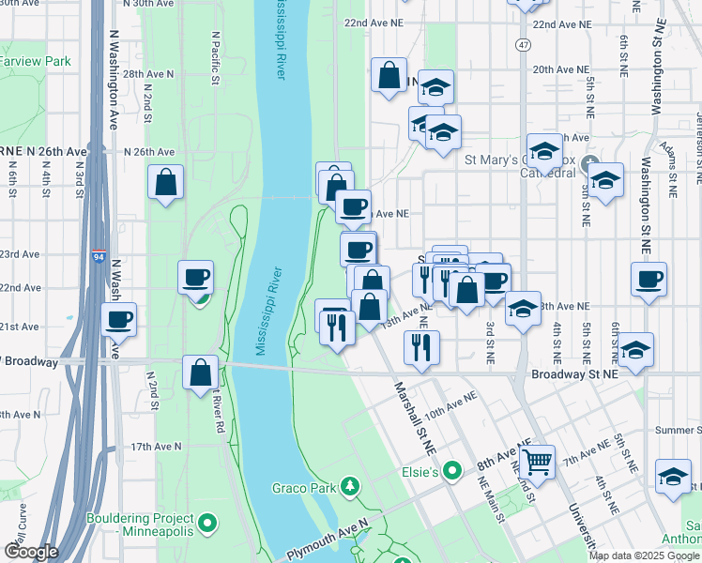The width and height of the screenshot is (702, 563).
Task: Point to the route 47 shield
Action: (522, 44)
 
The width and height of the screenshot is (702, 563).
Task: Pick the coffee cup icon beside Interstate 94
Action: (119, 319)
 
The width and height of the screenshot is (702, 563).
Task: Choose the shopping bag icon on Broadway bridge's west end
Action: (200, 373)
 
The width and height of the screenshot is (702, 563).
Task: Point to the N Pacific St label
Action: (215, 61)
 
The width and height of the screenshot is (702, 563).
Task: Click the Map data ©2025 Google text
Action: (643, 555)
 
